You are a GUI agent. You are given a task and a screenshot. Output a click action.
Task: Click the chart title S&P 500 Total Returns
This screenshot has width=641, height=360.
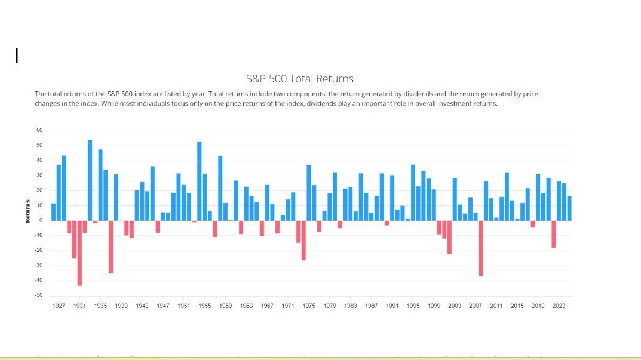(x=299, y=79)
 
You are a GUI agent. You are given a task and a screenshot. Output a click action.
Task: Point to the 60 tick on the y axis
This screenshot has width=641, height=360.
(x=39, y=131)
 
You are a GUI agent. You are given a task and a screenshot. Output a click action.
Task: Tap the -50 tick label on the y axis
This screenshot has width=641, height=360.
(x=38, y=296)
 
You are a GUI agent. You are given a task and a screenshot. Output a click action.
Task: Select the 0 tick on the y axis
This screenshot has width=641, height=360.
(x=41, y=220)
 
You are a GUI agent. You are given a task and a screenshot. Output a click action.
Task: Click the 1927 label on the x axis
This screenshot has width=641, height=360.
(x=59, y=306)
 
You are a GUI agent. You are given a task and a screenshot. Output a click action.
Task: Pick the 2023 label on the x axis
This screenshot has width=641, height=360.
(x=559, y=306)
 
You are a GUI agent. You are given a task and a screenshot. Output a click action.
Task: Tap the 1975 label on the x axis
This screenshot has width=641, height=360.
(x=309, y=306)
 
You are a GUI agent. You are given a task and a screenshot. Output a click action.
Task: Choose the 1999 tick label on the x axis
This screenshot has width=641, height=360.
(x=434, y=306)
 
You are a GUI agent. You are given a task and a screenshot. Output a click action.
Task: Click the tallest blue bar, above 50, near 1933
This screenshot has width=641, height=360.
(x=90, y=180)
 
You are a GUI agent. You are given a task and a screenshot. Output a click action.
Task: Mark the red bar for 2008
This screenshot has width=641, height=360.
(x=480, y=248)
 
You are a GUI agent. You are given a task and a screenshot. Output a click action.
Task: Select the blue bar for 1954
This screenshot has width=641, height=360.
(x=200, y=181)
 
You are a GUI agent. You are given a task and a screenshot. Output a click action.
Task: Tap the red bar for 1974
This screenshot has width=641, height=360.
(x=303, y=241)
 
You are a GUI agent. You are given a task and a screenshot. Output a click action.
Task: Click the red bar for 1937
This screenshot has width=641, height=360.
(x=111, y=247)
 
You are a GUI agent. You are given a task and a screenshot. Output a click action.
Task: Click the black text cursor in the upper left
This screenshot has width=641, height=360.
(x=17, y=56)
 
